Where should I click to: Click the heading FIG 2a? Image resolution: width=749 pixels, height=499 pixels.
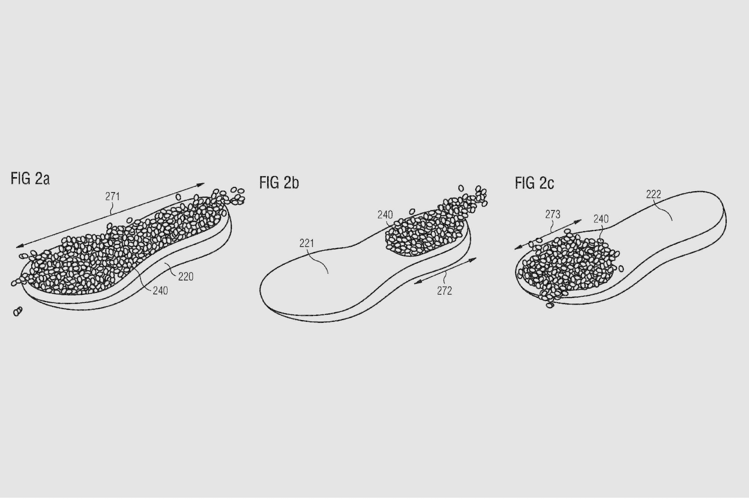30,178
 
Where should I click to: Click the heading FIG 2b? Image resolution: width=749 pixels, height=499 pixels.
279,183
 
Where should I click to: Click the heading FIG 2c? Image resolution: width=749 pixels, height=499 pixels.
534,183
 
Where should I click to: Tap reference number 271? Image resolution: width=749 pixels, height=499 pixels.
112,196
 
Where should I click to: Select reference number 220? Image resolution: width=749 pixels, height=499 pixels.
186,277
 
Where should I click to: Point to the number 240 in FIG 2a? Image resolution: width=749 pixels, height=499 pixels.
160,291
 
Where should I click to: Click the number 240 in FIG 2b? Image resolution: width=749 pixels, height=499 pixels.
385,215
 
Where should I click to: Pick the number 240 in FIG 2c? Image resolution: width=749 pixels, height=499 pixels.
601,219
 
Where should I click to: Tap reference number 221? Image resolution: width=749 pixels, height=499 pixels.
307,244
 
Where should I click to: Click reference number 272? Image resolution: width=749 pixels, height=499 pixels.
444,291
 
